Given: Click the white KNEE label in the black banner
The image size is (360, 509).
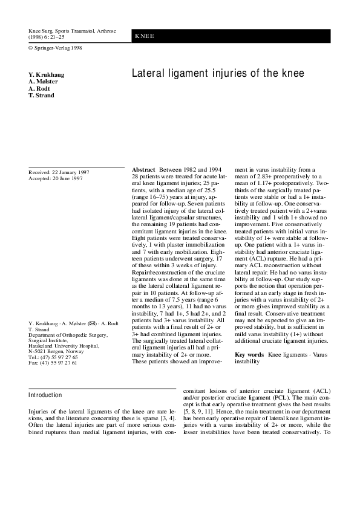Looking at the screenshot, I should pos(145,36).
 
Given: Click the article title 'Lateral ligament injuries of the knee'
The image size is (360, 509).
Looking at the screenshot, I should pos(218,74).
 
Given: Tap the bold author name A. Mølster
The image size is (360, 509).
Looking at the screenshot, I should pos(44,82).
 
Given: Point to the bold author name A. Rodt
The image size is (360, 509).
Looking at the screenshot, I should pos(39,88).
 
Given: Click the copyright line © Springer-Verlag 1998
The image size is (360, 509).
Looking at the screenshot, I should pos(55,48).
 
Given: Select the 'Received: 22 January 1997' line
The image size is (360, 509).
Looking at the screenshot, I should pos(59,172).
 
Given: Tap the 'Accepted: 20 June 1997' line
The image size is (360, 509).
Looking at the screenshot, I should pos(56,179).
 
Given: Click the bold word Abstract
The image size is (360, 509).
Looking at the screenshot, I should pos(143,170).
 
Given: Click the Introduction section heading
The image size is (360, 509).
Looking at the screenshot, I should pos(45,395).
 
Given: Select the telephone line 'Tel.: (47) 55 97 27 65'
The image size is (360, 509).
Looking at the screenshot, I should pos(53,357).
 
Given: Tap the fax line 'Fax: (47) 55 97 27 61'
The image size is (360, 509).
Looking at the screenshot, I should pos(53,363).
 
